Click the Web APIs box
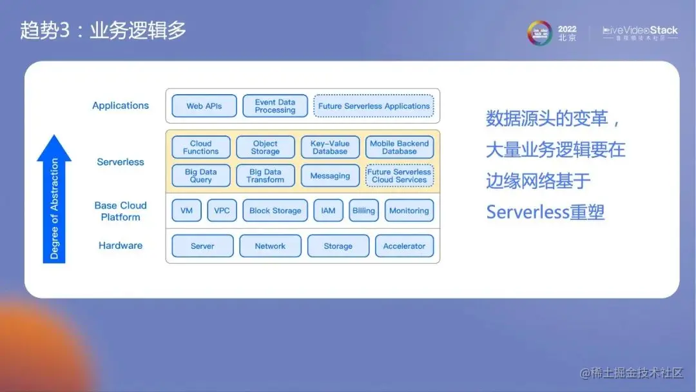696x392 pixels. (x=204, y=106)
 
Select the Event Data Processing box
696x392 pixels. (x=275, y=106)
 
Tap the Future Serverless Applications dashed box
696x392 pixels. (x=374, y=106)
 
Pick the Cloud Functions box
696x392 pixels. (x=200, y=148)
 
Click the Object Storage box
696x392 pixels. (x=265, y=148)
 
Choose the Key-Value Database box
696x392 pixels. (x=330, y=148)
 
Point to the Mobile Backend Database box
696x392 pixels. (x=399, y=148)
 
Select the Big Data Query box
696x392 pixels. (x=200, y=176)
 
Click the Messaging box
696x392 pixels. (x=330, y=176)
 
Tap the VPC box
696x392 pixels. (x=222, y=211)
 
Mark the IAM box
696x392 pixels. (x=328, y=211)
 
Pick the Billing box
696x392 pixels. (x=363, y=211)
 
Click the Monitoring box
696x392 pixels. (x=409, y=211)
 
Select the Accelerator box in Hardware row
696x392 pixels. (x=404, y=246)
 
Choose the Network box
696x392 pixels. (x=270, y=246)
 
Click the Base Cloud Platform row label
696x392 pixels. (x=121, y=211)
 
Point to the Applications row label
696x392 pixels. (x=121, y=106)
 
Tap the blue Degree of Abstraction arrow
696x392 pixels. (x=54, y=200)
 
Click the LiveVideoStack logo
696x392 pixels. (x=639, y=33)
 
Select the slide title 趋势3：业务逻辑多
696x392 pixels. (x=103, y=30)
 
